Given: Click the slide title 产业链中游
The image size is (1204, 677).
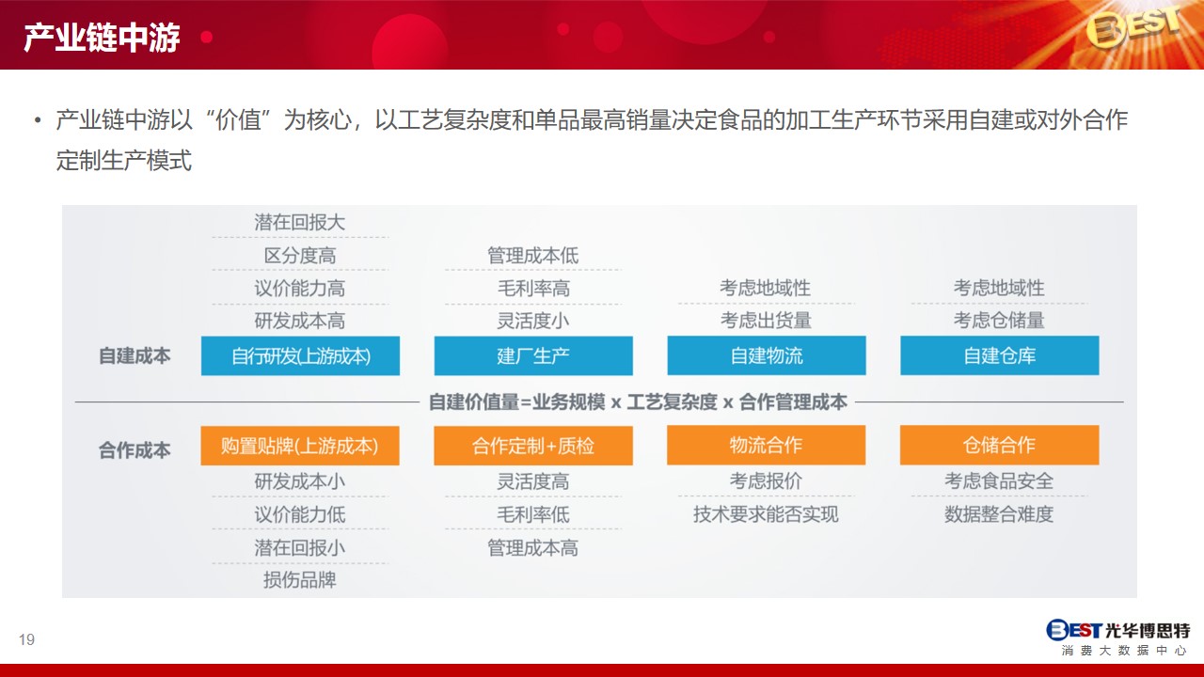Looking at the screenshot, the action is (x=102, y=38).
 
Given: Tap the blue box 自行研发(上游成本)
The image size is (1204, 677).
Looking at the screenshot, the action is (x=300, y=355).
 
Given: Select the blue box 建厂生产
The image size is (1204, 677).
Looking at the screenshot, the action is (x=533, y=355).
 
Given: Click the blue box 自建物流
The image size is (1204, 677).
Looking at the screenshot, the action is (x=767, y=355).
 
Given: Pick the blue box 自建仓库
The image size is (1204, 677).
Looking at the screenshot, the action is (x=1000, y=355).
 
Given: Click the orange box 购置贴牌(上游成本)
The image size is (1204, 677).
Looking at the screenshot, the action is (x=300, y=446).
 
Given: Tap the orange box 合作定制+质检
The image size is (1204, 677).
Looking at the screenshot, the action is (x=533, y=446).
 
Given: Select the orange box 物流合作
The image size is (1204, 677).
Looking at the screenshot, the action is (x=767, y=445).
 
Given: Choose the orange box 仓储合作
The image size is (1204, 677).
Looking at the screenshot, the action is (x=1000, y=445).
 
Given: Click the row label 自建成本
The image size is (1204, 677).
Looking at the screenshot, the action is (x=135, y=355).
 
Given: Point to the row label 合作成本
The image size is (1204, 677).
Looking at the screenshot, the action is (x=135, y=449).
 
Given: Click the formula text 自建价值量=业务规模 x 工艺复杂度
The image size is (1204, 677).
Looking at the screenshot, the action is (x=573, y=401).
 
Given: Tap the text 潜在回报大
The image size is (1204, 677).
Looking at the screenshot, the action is (x=300, y=222).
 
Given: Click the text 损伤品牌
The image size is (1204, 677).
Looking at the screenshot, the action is (x=300, y=580).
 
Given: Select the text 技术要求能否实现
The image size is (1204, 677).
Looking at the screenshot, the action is (x=766, y=514).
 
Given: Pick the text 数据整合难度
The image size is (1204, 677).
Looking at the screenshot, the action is (x=999, y=514).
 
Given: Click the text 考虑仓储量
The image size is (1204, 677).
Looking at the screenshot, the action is (x=999, y=321).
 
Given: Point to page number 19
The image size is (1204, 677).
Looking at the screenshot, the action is (x=26, y=639).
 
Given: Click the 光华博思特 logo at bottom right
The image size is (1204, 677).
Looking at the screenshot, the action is (x=1118, y=638).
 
